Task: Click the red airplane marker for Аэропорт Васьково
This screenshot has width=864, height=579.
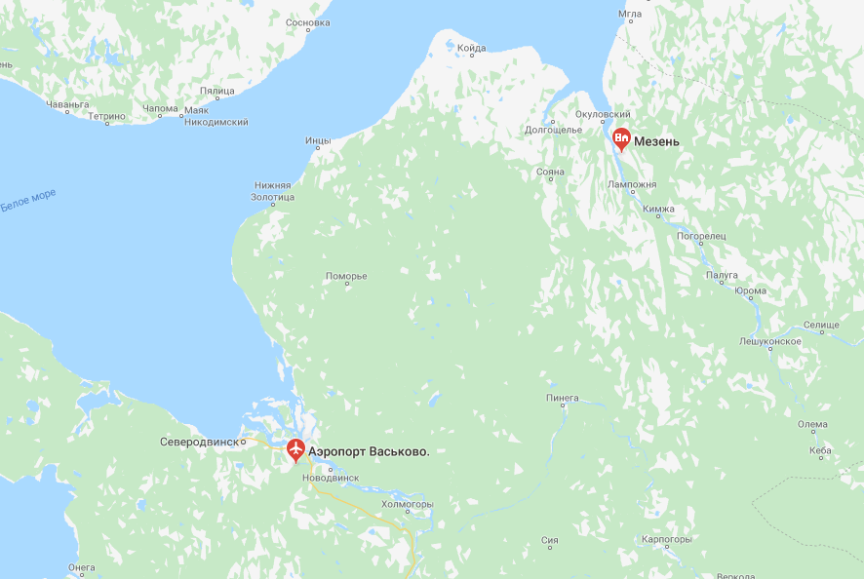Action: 295,450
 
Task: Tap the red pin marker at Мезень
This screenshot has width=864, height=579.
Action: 621,139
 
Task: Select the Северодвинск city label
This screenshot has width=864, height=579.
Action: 199,442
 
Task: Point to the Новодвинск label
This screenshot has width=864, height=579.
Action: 332,478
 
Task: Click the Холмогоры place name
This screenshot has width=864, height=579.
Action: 407,504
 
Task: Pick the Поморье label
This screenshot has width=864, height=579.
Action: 346,276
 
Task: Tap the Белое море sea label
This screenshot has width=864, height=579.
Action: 27,200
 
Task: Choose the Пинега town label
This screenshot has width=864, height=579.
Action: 563,398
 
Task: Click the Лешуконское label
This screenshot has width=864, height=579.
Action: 770,341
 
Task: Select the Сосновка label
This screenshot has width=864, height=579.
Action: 308,21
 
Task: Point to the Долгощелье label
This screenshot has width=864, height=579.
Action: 553,129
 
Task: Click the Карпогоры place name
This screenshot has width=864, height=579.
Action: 667,539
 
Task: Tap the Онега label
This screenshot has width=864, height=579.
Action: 82,567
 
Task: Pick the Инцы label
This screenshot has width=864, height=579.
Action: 318,140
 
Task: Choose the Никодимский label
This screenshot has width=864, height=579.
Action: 216,122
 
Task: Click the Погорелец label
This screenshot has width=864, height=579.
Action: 702,236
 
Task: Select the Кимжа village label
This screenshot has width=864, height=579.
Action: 658,209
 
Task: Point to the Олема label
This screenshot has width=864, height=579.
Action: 812,424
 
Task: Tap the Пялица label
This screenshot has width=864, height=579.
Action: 217,91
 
